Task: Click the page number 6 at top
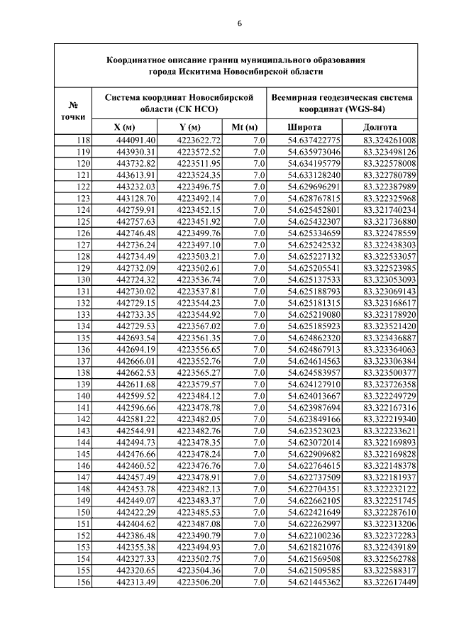tap(240, 23)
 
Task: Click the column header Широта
tap(304, 127)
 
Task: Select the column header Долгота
tap(380, 127)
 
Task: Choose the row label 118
tap(83, 140)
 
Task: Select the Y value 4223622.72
tap(199, 140)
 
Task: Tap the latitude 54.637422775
tap(314, 140)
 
